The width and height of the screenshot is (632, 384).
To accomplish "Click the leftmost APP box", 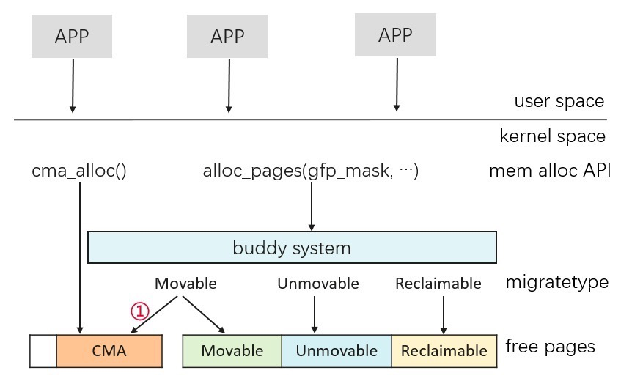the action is pos(72,36).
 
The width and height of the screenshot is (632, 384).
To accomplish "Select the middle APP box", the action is pos(227,36).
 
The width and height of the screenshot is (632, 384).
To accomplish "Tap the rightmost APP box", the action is pos(395,34).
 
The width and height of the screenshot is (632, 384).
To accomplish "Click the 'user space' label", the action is pos(559,101).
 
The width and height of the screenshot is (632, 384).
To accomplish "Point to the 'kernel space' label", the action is pos(552,136).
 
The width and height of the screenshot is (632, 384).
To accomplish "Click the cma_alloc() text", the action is pos(79,171).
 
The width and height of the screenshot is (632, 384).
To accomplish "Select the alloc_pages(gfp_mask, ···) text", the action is pos(310,171).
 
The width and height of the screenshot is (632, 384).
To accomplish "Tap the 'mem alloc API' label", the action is pos(550,171).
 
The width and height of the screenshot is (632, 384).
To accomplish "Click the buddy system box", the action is pos(293,248).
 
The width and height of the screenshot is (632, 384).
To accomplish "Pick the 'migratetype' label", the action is pos(557,282).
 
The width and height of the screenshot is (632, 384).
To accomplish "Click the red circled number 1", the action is pos(140,311).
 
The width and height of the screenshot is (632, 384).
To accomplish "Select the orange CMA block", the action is pos(109,351).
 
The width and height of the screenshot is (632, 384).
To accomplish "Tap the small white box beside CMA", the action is pos(43,351).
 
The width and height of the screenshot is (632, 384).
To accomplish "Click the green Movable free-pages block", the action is pos(232,351).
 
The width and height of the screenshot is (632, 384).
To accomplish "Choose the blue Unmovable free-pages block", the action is pos(337,351).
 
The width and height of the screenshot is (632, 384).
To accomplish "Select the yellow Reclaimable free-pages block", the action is pos(444,351).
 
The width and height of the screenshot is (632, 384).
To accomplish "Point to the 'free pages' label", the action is pos(550,347).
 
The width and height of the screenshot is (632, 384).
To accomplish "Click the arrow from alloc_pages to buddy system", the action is pos(312,206).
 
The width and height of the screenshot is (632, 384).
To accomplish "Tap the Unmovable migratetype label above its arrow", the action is pos(318,284).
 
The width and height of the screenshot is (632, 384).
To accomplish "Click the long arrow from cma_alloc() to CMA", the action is pos(80,258).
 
